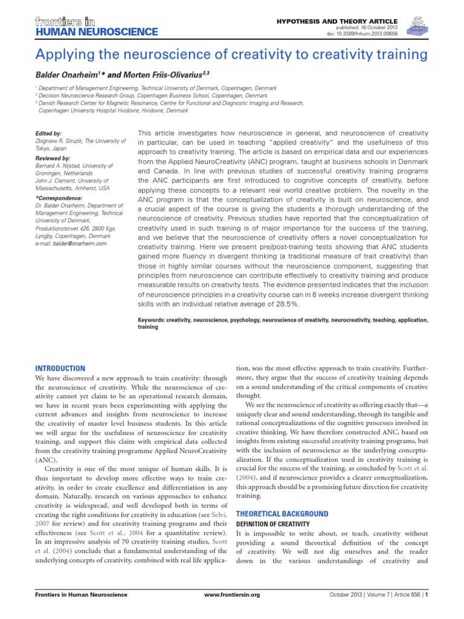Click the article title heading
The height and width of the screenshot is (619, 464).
(232, 55)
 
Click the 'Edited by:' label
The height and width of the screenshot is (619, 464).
(49, 133)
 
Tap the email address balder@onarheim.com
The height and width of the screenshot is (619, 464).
(80, 244)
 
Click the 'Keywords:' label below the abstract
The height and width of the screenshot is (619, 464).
(153, 319)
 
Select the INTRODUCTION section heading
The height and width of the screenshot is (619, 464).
(60, 368)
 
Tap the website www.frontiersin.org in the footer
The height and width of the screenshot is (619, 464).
(233, 595)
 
